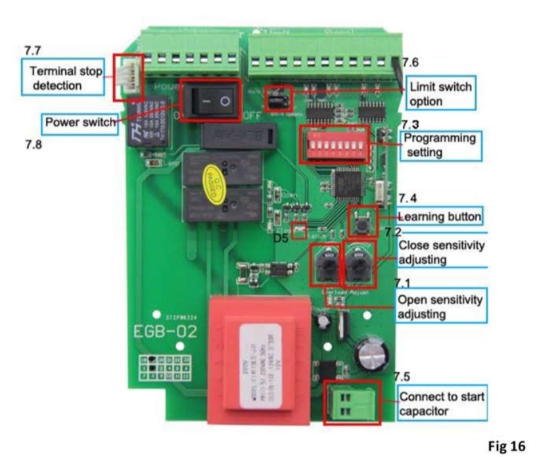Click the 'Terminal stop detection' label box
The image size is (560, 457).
pyautogui.click(x=64, y=78)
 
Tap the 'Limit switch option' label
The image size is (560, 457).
pyautogui.click(x=440, y=93)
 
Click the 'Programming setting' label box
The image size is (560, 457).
pyautogui.click(x=440, y=145)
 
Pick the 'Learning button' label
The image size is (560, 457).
pyautogui.click(x=439, y=216)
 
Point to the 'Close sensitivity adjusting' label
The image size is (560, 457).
pyautogui.click(x=441, y=252)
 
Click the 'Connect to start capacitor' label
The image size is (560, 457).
pyautogui.click(x=441, y=404)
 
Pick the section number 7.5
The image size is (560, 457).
pyautogui.click(x=402, y=377)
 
